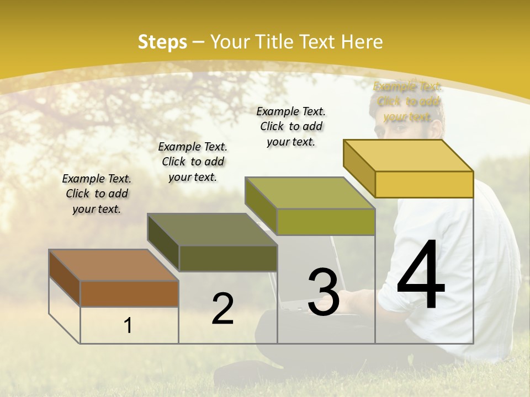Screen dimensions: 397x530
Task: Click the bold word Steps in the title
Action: coord(162,42)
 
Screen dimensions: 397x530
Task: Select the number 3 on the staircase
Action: coord(324,292)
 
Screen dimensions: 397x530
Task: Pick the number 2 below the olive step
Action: coord(222,309)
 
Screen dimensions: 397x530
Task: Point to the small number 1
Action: coord(128,326)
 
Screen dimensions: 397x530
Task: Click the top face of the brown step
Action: coord(113,265)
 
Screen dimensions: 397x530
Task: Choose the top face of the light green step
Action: coord(310,193)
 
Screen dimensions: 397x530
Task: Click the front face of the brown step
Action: coord(129,294)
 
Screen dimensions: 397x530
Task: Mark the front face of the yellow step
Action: coord(424,184)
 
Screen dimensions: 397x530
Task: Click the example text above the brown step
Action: coord(97,194)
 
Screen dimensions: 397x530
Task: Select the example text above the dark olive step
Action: coord(193,162)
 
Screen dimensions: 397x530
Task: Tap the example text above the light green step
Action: coord(291,126)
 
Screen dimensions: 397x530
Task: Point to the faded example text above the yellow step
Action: coord(407,101)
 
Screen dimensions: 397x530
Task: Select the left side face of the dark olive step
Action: coord(163,243)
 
